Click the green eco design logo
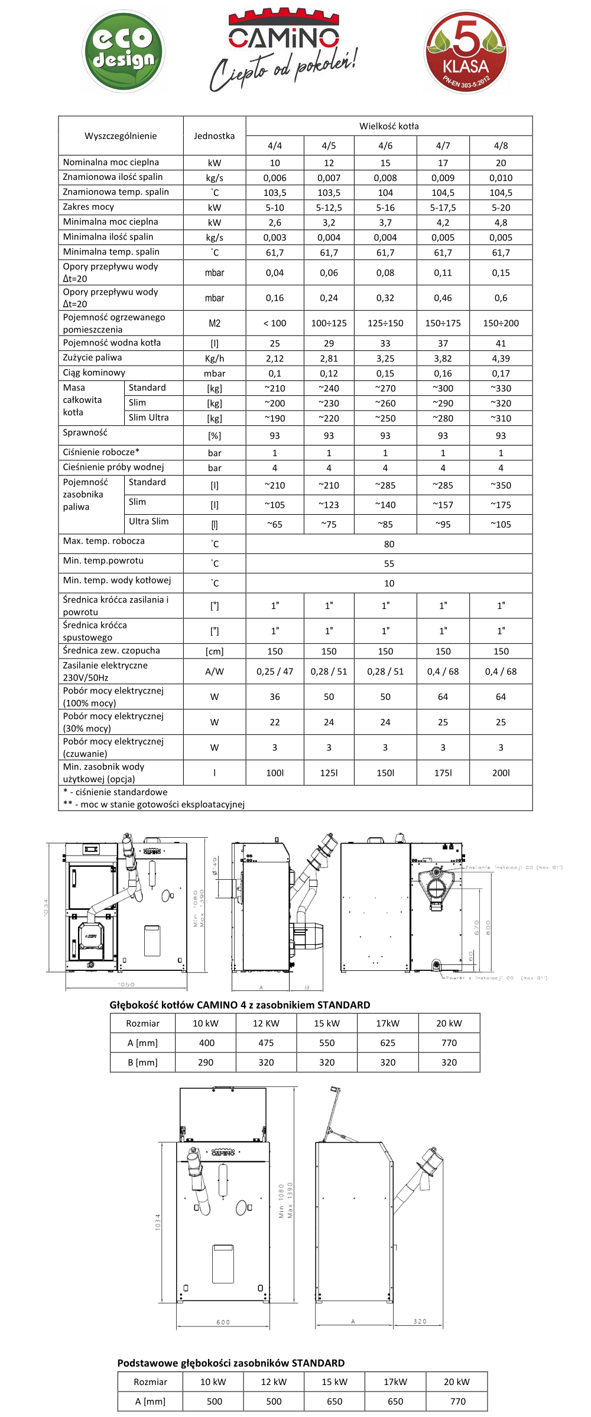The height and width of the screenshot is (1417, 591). click(123, 51)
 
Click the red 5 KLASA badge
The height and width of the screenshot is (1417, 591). click(466, 51)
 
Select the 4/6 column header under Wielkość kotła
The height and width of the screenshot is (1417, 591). click(385, 146)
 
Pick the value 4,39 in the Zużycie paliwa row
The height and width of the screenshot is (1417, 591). click(501, 359)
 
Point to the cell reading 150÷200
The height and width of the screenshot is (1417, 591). click(501, 323)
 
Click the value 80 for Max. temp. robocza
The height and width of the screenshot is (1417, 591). click(389, 544)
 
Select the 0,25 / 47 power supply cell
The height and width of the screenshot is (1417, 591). click(275, 672)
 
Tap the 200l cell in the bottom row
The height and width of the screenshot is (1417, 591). click(501, 773)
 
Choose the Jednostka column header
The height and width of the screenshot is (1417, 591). click(214, 135)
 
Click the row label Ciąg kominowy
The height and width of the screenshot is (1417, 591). click(94, 373)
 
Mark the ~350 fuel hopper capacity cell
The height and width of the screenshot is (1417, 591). click(501, 485)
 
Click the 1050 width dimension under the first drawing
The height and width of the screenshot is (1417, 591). click(126, 985)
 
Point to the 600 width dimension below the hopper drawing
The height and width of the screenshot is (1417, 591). click(223, 1322)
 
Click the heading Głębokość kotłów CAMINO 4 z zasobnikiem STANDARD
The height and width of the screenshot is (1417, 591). click(240, 1005)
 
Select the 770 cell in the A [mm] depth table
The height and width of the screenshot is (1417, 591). click(449, 1043)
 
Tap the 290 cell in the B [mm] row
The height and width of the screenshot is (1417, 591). click(206, 1063)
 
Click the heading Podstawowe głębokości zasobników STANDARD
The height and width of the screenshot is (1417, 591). click(231, 1363)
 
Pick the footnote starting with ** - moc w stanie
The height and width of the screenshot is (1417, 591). click(154, 804)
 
